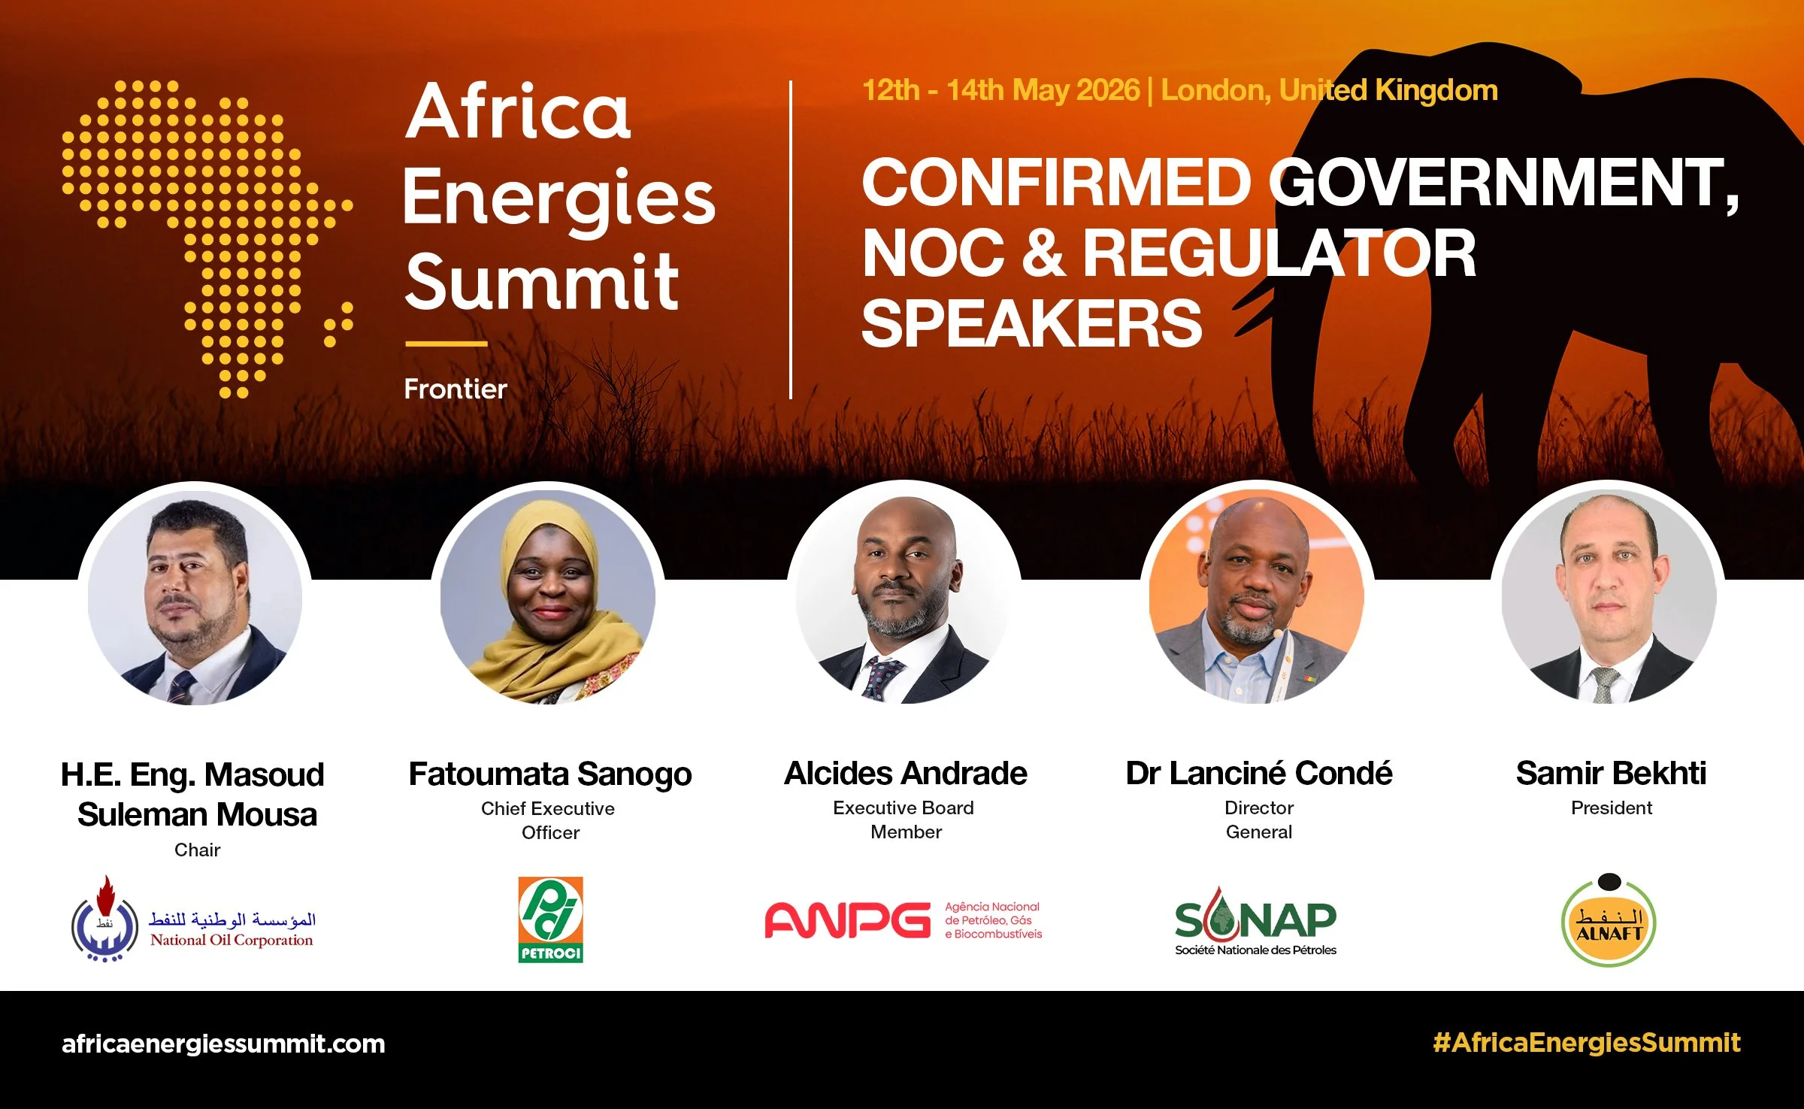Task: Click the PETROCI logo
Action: click(550, 920)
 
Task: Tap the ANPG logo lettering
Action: click(848, 920)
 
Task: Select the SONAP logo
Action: click(1255, 921)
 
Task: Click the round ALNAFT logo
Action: click(1609, 923)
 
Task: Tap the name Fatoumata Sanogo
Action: click(550, 774)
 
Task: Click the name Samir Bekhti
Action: click(1611, 773)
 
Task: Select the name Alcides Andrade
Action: click(905, 773)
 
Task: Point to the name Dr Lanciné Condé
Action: click(1258, 773)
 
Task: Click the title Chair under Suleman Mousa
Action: click(197, 850)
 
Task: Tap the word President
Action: click(1611, 808)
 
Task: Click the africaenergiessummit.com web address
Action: click(223, 1044)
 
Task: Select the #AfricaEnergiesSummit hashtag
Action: click(1586, 1043)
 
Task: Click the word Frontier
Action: click(456, 389)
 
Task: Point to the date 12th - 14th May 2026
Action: click(1000, 90)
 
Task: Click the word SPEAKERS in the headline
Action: click(1031, 323)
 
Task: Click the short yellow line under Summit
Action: click(446, 344)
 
